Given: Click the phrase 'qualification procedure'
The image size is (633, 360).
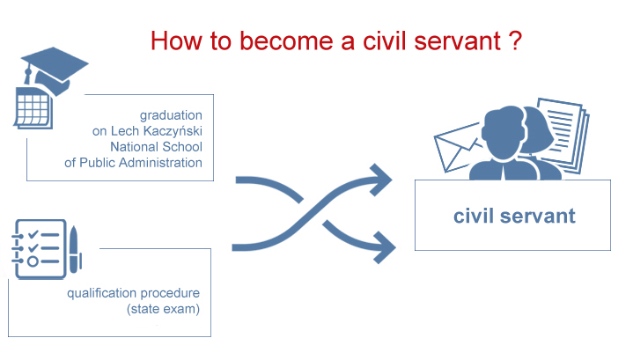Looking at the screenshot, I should click(133, 292).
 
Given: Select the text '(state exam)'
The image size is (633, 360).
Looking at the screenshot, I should click(163, 308).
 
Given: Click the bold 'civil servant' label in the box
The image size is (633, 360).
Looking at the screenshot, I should click(514, 216).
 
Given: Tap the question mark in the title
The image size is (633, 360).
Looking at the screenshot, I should click(515, 40).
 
